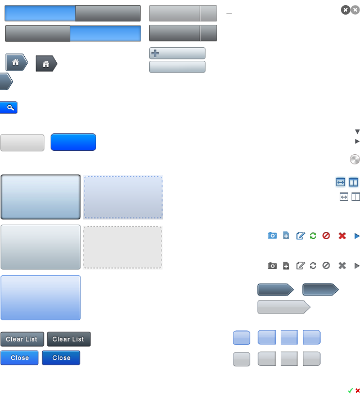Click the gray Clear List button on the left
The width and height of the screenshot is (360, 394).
pyautogui.click(x=22, y=339)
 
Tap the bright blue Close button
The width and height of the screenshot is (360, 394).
pyautogui.click(x=20, y=358)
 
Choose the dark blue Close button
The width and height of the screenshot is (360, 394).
pyautogui.click(x=61, y=358)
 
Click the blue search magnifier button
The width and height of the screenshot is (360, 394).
pyautogui.click(x=9, y=108)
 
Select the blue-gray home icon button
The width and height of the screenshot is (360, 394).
pyautogui.click(x=16, y=62)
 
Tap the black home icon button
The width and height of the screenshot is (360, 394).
pyautogui.click(x=46, y=64)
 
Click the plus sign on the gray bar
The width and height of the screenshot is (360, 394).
pyautogui.click(x=155, y=53)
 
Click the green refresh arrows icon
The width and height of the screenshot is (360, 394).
pyautogui.click(x=313, y=236)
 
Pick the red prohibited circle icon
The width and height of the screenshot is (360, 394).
pyautogui.click(x=326, y=236)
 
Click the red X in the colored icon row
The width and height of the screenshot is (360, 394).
pyautogui.click(x=342, y=236)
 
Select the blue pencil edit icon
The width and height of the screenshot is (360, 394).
pyautogui.click(x=300, y=236)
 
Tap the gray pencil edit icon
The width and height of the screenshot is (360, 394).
pyautogui.click(x=300, y=266)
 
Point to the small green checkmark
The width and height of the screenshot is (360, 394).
pyautogui.click(x=350, y=390)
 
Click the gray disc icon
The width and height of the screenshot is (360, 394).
pyautogui.click(x=354, y=159)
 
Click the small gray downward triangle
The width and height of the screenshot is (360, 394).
pyautogui.click(x=357, y=132)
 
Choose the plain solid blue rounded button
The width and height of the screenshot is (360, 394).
pyautogui.click(x=73, y=142)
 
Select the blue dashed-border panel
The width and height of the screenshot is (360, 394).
pyautogui.click(x=123, y=197)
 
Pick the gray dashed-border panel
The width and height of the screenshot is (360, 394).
pyautogui.click(x=123, y=248)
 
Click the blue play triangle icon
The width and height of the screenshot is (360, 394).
pyautogui.click(x=357, y=236)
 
